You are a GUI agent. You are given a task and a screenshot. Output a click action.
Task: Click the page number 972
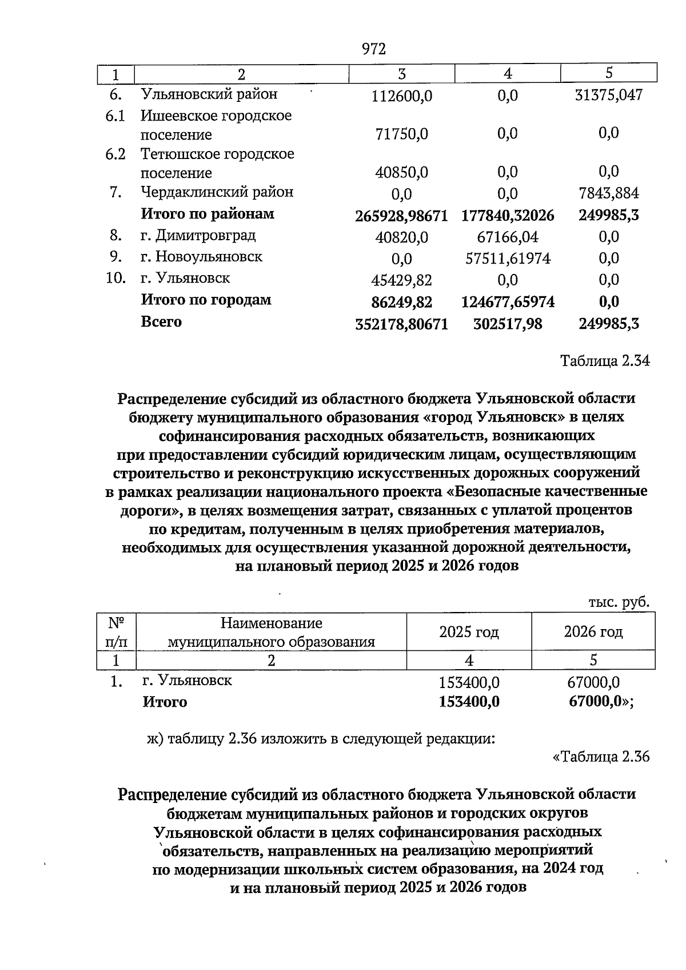point(374,49)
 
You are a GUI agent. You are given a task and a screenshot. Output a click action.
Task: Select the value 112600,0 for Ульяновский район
point(402,96)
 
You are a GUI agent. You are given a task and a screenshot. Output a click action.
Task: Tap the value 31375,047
point(608,95)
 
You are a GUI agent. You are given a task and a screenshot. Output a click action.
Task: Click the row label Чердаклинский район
point(217,192)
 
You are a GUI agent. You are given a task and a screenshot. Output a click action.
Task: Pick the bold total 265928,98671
point(401,216)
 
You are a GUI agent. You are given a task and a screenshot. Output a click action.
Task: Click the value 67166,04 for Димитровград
point(507,237)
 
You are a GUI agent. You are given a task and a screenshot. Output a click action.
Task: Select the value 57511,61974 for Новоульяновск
point(508,259)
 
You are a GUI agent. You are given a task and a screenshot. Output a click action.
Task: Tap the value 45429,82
point(402,280)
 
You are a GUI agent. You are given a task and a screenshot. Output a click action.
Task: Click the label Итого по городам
point(206,300)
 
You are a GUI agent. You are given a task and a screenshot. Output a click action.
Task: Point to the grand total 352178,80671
point(401,324)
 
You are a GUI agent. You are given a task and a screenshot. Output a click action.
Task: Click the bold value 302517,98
point(508,324)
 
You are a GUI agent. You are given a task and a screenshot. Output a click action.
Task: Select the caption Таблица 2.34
point(605,361)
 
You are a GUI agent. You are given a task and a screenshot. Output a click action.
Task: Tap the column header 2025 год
point(469,632)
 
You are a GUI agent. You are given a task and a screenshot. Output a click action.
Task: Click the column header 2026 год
point(593,632)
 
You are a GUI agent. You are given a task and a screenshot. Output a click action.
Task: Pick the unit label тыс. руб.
point(619,602)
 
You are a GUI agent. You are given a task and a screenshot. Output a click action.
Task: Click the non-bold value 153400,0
point(469,682)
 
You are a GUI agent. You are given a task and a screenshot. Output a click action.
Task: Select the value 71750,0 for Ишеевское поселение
point(402,134)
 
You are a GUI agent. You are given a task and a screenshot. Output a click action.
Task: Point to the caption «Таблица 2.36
point(601,757)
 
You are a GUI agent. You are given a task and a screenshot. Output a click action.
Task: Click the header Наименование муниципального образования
point(271,632)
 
